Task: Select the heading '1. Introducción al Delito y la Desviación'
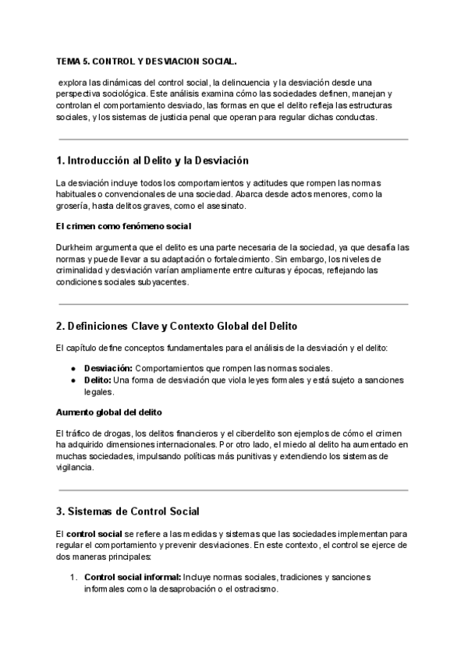152,161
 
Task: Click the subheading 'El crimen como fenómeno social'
123,227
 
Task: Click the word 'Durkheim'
76,247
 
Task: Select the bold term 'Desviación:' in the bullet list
109,368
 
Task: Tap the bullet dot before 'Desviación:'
73,368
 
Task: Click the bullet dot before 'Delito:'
73,380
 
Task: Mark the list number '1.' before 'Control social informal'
73,577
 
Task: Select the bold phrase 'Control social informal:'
133,577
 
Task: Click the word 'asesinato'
226,207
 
